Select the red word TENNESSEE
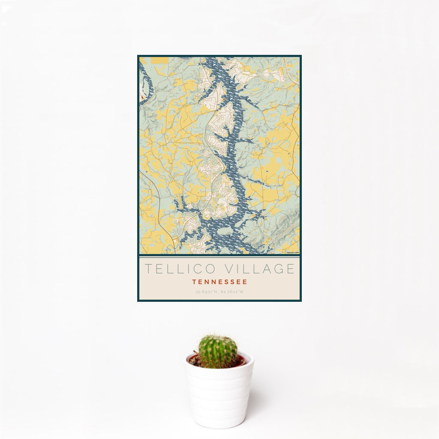click(x=219, y=282)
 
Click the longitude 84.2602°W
click(x=232, y=292)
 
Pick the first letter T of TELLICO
click(x=148, y=269)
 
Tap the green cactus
click(x=217, y=351)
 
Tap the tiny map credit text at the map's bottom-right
click(x=293, y=253)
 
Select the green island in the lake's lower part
click(x=249, y=234)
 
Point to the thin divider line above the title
click(x=219, y=256)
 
